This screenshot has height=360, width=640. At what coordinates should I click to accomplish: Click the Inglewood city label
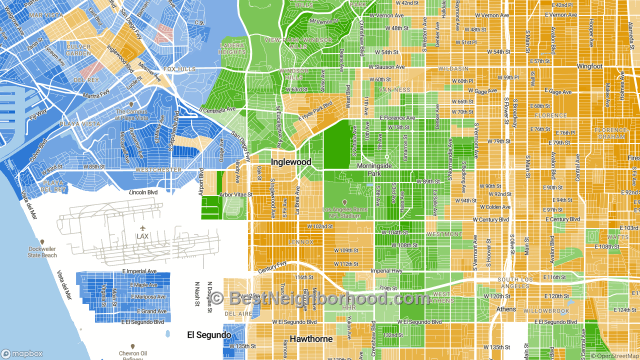pyautogui.click(x=291, y=162)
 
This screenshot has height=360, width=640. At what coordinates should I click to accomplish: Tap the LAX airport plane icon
pyautogui.click(x=142, y=228)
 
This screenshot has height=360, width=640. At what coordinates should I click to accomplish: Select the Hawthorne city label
pyautogui.click(x=311, y=339)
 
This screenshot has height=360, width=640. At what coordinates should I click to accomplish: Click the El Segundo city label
pyautogui.click(x=209, y=335)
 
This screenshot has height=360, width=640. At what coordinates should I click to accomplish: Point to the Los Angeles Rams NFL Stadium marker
pyautogui.click(x=344, y=202)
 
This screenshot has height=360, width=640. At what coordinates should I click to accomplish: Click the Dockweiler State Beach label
pyautogui.click(x=42, y=252)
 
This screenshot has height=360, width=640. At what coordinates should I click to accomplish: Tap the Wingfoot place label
pyautogui.click(x=589, y=66)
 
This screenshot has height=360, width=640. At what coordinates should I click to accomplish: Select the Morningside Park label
pyautogui.click(x=374, y=169)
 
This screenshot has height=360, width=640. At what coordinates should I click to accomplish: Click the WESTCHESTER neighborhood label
pyautogui.click(x=158, y=170)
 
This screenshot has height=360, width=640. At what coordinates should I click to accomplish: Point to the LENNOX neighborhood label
pyautogui.click(x=301, y=242)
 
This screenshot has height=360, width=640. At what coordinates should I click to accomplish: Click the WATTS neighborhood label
pyautogui.click(x=618, y=237)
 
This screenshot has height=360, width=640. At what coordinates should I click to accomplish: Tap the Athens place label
pyautogui.click(x=506, y=309)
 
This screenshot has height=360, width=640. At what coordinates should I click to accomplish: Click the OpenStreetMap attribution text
pyautogui.click(x=614, y=356)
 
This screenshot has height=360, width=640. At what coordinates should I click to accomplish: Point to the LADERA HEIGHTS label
pyautogui.click(x=232, y=49)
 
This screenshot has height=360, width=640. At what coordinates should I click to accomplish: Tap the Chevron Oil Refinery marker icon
pyautogui.click(x=132, y=346)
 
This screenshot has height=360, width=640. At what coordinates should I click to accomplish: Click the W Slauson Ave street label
pyautogui.click(x=386, y=67)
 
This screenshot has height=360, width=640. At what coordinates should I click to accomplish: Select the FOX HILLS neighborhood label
pyautogui.click(x=179, y=69)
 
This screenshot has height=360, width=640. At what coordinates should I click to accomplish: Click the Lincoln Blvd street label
pyautogui.click(x=143, y=192)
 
